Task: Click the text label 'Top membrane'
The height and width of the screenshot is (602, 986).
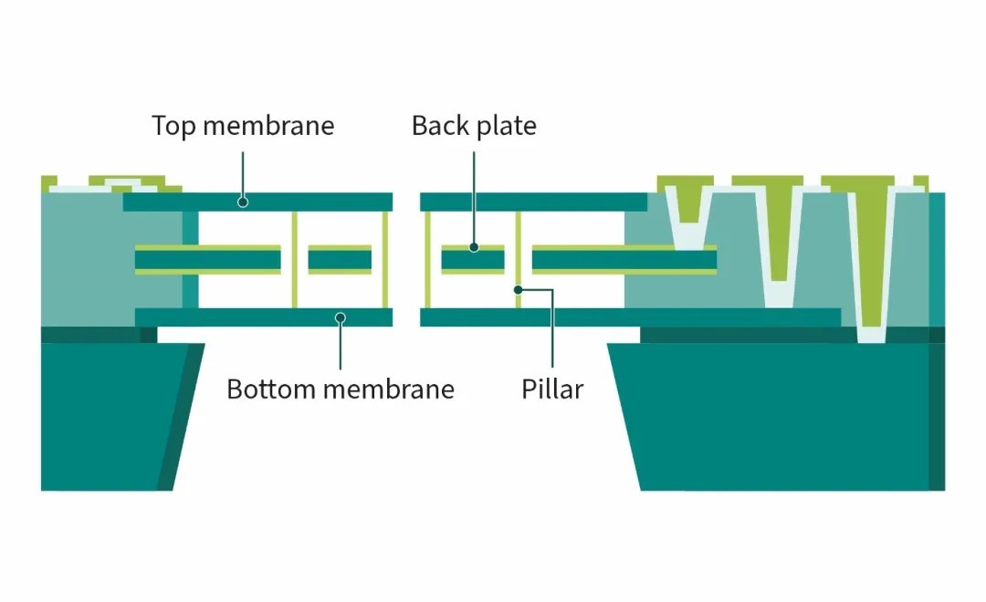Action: (x=243, y=126)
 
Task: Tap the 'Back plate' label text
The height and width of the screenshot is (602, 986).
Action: (x=474, y=126)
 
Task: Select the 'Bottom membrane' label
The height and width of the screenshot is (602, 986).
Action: (x=341, y=389)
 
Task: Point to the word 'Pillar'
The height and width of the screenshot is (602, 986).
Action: (x=552, y=389)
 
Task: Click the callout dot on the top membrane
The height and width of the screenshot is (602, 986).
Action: (x=243, y=202)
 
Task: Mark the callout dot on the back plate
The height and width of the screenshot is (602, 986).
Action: (x=474, y=247)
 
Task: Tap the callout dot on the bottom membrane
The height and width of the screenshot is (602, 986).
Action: (x=341, y=318)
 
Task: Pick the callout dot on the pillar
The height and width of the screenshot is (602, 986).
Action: (x=519, y=290)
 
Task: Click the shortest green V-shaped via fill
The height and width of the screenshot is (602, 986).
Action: (x=689, y=201)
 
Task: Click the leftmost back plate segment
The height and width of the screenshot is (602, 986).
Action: (x=208, y=260)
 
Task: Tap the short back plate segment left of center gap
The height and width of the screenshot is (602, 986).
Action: (x=340, y=260)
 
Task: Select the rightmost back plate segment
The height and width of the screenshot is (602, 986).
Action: (x=624, y=260)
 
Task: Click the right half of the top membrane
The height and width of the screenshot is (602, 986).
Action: (x=533, y=202)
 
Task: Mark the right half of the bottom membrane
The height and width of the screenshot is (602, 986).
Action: (x=630, y=317)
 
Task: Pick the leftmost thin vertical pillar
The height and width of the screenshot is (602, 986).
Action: (x=294, y=260)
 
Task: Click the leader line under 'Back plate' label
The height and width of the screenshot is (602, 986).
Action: (x=474, y=197)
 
